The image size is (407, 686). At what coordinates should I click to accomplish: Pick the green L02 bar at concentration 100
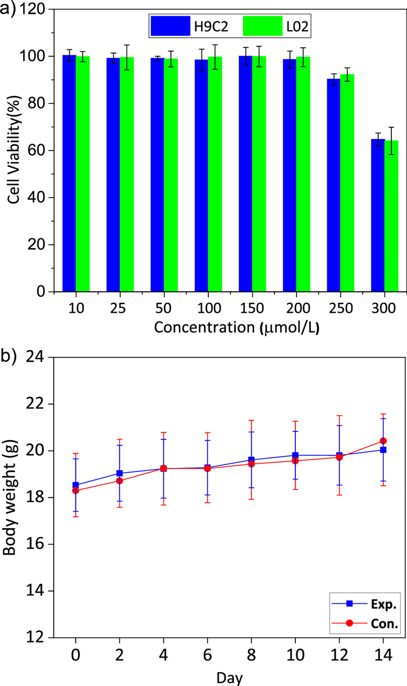coord(215,174)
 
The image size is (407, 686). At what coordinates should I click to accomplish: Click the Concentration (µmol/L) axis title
coord(237,327)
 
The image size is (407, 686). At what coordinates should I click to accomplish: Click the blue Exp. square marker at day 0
coord(76,485)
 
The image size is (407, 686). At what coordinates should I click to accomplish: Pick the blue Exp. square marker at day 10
coord(295,455)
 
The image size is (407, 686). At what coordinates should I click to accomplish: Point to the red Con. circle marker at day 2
coord(120,481)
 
